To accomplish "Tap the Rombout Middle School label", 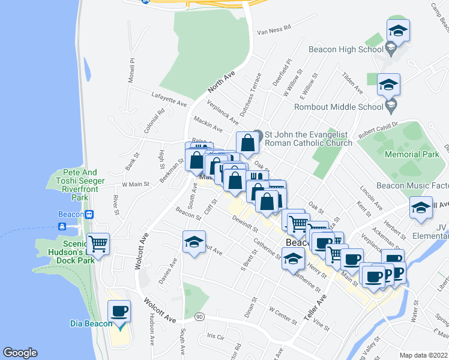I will [338, 107].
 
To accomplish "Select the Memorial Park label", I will [412, 154].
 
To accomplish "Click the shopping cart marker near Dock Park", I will [98, 244].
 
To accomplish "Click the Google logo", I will [20, 353].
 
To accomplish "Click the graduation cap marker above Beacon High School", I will [398, 30].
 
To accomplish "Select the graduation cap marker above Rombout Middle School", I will [388, 85].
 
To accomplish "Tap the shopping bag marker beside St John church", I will [247, 143].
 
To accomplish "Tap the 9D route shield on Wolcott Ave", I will [199, 317].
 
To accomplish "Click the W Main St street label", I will [135, 184].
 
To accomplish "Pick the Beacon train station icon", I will [89, 214].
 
